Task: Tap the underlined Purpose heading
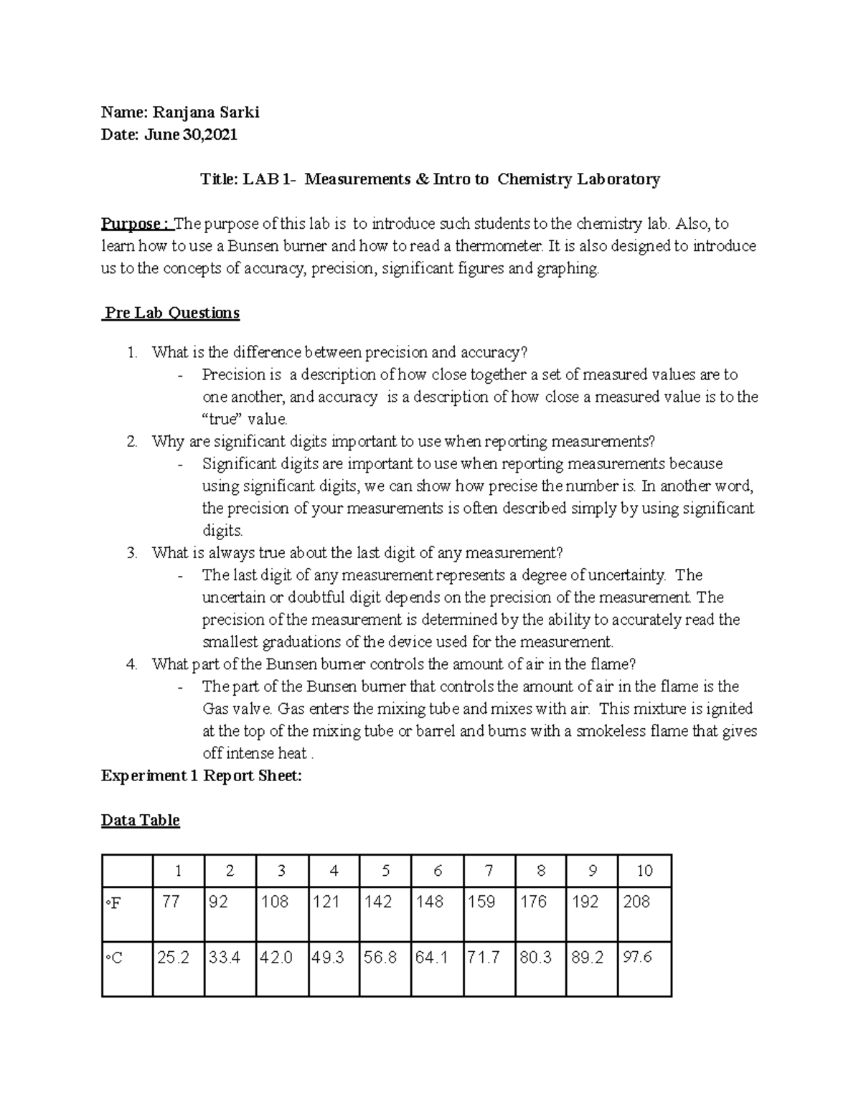pos(135,224)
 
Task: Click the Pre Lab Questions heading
pos(171,313)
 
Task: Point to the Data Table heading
pos(141,820)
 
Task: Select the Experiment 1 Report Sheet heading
pos(202,775)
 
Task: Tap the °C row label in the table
pos(114,958)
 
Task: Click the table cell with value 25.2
pos(173,957)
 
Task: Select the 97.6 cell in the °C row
pos(637,957)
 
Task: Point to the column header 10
pos(644,871)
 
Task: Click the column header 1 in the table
pos(178,871)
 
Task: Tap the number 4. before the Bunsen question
pos(131,664)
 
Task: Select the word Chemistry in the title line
pos(535,179)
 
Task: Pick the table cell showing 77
pos(171,902)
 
